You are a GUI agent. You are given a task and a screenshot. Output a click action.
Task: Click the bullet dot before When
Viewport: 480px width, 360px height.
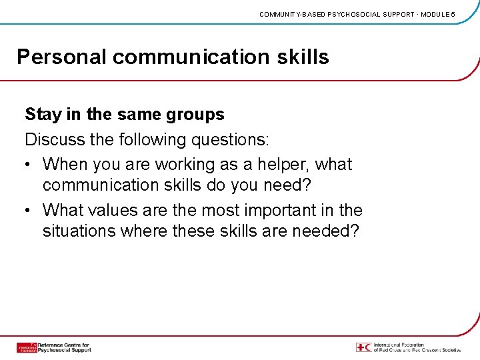29,165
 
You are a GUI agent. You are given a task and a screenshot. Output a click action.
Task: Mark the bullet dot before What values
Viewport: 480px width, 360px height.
29,211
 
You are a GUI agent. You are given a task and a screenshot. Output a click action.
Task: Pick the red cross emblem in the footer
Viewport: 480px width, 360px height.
363,347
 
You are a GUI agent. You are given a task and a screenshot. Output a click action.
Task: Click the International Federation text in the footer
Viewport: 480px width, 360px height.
417,347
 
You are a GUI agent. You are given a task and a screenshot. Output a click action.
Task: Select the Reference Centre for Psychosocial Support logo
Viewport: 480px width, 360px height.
53,347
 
